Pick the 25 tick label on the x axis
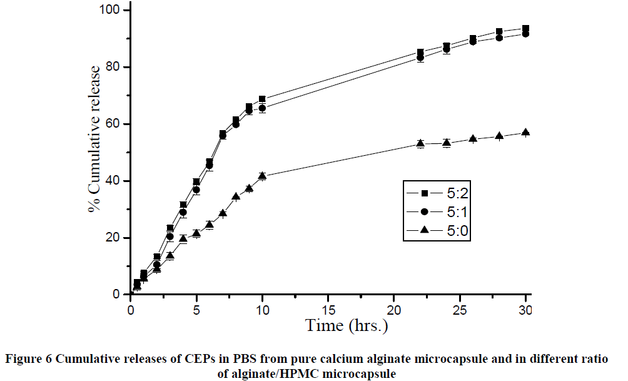pyautogui.click(x=460, y=310)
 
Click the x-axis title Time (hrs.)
pyautogui.click(x=347, y=325)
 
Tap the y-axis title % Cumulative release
pyautogui.click(x=94, y=139)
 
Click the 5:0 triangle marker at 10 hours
pyautogui.click(x=262, y=176)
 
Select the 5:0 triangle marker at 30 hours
pyautogui.click(x=525, y=132)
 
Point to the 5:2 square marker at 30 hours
pyautogui.click(x=525, y=29)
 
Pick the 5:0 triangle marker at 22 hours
pyautogui.click(x=420, y=143)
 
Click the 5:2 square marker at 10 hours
pyautogui.click(x=262, y=99)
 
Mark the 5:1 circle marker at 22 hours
pyautogui.click(x=420, y=58)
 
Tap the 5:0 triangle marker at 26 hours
pyautogui.click(x=473, y=138)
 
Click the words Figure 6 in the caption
pyautogui.click(x=29, y=359)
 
